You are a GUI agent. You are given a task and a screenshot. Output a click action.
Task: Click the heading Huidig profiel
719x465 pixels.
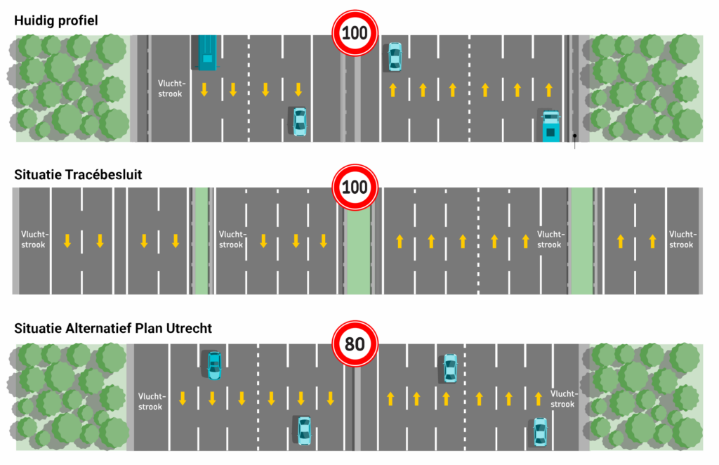click(55, 20)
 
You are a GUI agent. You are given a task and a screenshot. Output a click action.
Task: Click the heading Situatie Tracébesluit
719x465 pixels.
click(78, 174)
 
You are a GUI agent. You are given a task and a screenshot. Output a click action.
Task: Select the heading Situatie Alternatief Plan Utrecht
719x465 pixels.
click(113, 328)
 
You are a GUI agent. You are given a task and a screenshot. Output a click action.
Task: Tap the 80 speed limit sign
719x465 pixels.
click(355, 345)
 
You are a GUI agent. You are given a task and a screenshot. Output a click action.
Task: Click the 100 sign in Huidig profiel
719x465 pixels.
click(355, 32)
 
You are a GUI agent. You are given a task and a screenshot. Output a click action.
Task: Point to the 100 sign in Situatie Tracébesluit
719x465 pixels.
click(355, 188)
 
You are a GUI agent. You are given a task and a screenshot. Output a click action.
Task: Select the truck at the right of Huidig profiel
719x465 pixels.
click(551, 126)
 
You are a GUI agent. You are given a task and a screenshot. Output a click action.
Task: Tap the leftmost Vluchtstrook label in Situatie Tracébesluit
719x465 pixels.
click(33, 240)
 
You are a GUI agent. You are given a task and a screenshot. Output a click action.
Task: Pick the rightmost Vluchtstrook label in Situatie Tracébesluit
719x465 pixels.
click(682, 240)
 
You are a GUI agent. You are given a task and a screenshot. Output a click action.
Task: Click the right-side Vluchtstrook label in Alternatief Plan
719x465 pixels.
click(563, 399)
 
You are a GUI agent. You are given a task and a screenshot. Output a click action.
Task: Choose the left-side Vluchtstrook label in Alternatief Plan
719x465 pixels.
click(150, 402)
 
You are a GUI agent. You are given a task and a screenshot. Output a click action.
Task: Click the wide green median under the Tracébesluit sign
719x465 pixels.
click(358, 253)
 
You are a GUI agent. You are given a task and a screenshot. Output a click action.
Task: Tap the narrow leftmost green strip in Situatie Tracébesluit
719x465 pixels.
click(202, 241)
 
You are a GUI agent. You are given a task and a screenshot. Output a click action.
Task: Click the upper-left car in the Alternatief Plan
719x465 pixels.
click(213, 365)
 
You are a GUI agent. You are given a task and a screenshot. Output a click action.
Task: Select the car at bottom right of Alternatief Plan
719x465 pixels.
click(539, 431)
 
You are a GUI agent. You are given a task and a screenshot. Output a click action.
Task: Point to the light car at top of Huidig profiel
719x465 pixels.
click(395, 56)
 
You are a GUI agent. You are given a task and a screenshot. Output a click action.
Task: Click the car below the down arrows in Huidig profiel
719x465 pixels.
click(299, 122)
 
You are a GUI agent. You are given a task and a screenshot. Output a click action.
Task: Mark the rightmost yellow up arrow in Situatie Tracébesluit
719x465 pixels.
click(653, 241)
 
